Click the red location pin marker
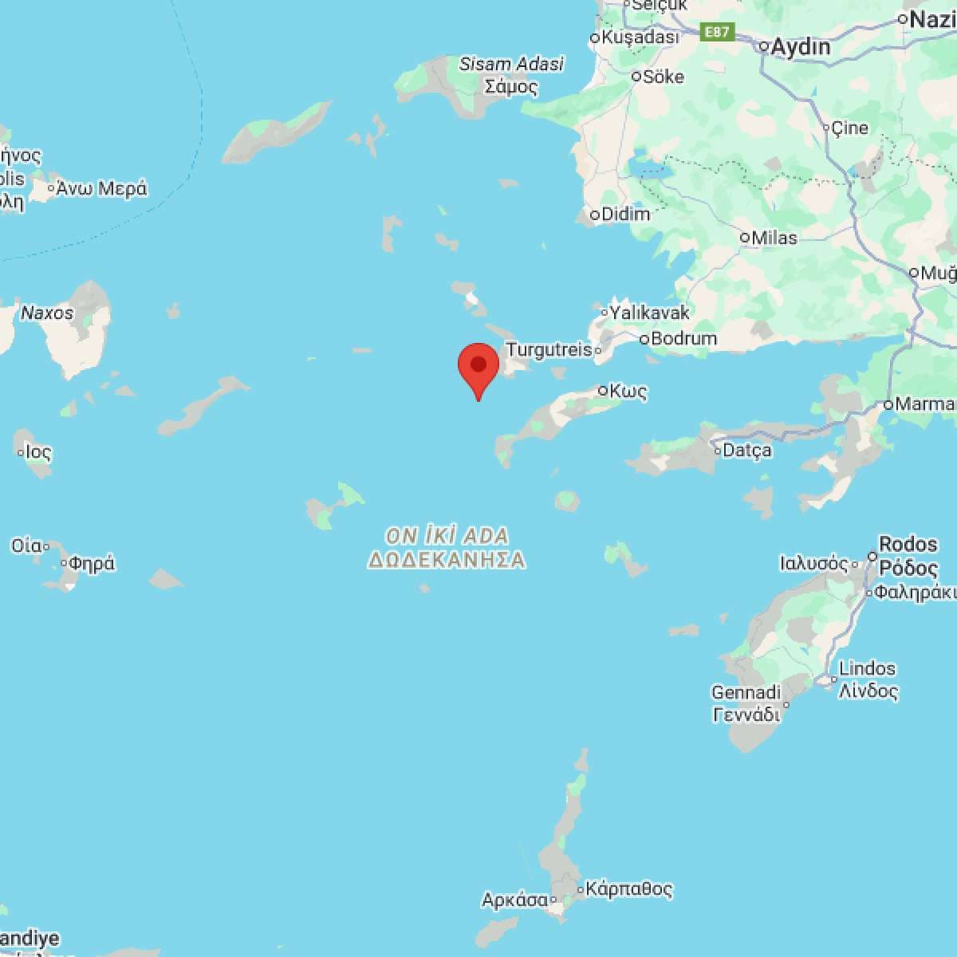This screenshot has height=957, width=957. pos(478,368)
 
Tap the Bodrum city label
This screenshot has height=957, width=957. pos(683,338)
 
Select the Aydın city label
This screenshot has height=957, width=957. pos(801,47)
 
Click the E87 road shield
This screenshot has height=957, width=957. pos(716,32)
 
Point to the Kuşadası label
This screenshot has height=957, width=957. pos(640,37)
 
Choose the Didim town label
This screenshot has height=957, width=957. pos(625,214)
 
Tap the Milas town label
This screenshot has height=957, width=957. pos(774,238)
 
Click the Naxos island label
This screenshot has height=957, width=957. pos(47,313)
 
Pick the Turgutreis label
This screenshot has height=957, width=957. pos(549,349)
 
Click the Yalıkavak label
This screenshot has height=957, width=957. pos(649,312)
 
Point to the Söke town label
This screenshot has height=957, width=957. pos(664,77)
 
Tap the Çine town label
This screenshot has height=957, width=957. pos(849,127)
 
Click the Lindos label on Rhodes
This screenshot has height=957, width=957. pos(868,668)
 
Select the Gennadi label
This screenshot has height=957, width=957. pos(746,692)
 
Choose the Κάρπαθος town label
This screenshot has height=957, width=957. pos(629,888)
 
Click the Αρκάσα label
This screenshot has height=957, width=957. pos(514,900)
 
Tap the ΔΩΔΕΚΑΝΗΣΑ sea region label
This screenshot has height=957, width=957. pos(447,560)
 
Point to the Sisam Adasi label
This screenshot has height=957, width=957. pos(512,64)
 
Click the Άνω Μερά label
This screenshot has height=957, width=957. pos(101,189)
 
